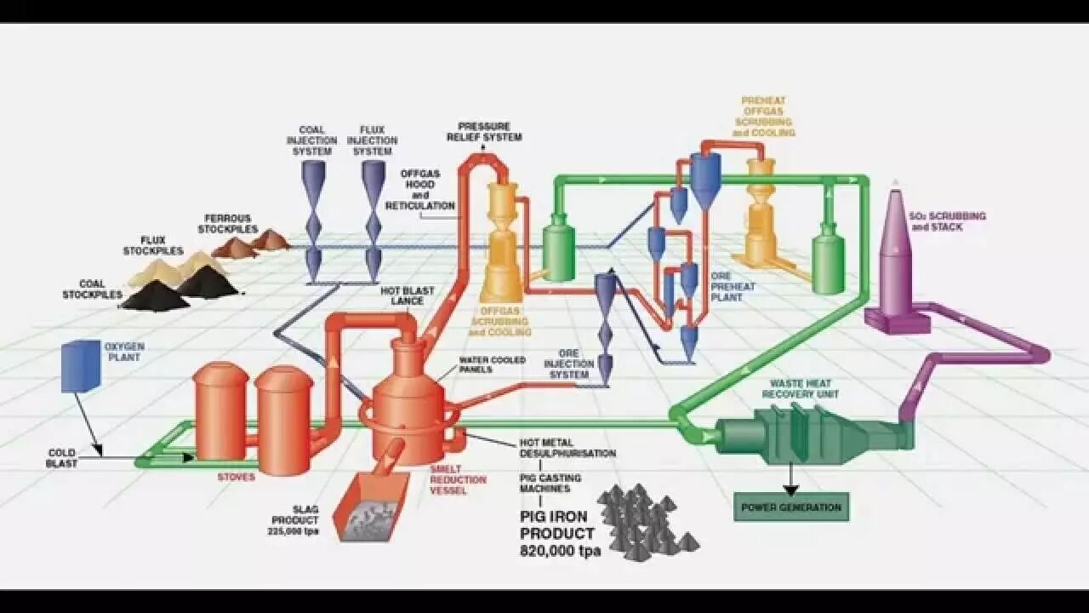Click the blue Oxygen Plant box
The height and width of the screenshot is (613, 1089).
[81, 366]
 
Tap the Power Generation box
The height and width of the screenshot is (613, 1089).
[791, 507]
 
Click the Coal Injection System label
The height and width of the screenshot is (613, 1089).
[311, 140]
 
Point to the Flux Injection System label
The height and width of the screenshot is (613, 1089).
[373, 140]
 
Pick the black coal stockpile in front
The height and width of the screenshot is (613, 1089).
[155, 296]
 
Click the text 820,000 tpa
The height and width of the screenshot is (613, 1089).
[560, 551]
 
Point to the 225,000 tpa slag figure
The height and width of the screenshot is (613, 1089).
[294, 531]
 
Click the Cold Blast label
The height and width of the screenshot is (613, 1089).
[61, 458]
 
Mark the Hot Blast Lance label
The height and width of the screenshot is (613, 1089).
[407, 295]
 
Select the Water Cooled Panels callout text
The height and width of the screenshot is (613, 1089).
[492, 364]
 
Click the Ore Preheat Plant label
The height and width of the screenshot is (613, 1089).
[733, 287]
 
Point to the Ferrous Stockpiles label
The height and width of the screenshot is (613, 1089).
[228, 224]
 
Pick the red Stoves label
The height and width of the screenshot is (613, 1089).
[236, 478]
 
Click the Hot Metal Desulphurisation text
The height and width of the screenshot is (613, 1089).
[567, 448]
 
